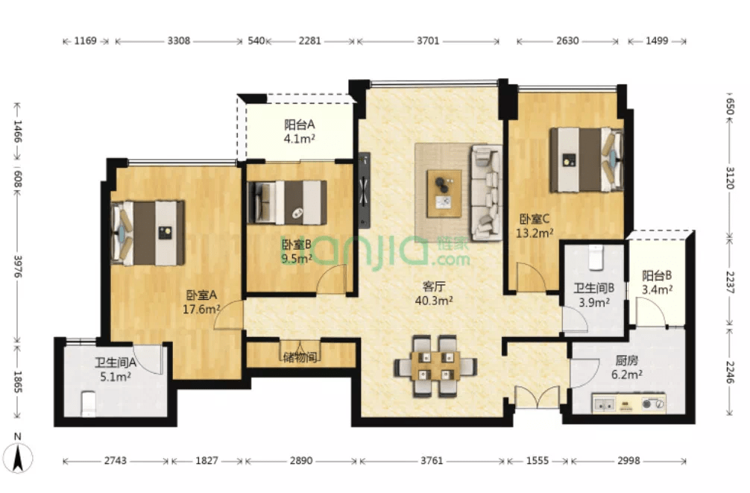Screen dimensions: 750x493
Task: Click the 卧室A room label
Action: click(201, 295)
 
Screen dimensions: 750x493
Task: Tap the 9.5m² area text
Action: click(297, 259)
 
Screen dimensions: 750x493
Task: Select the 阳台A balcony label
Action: click(300, 125)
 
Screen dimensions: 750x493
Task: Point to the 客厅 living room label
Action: click(434, 286)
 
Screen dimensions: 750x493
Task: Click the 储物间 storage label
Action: click(300, 357)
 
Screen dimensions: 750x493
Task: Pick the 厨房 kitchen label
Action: click(626, 360)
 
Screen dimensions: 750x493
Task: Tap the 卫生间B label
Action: click(594, 288)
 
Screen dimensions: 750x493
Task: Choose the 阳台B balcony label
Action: click(657, 276)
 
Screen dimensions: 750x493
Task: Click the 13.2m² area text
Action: click(535, 233)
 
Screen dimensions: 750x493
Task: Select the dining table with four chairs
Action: click(435, 366)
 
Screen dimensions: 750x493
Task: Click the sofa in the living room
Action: click(486, 192)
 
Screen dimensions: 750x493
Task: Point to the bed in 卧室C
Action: click(587, 160)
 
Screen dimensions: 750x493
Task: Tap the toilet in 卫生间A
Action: click(89, 403)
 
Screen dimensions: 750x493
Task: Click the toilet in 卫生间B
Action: click(596, 257)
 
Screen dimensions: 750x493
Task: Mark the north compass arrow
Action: click(18, 458)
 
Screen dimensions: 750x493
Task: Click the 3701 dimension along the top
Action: click(428, 41)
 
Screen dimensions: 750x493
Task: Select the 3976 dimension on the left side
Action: click(18, 266)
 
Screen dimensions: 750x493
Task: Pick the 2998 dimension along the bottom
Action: click(628, 460)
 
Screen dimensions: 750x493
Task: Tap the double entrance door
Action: click(537, 398)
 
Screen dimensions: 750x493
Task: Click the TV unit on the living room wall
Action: click(365, 190)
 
